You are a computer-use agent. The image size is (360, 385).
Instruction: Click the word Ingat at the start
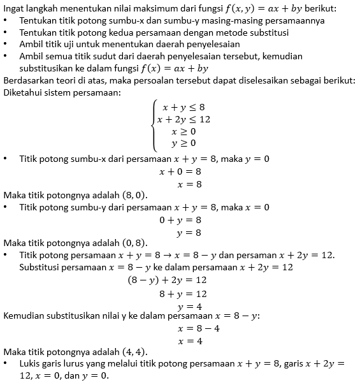[x=15, y=8]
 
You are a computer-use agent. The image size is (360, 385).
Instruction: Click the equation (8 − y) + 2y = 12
[x=167, y=280]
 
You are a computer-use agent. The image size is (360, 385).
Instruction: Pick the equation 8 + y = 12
[x=183, y=293]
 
